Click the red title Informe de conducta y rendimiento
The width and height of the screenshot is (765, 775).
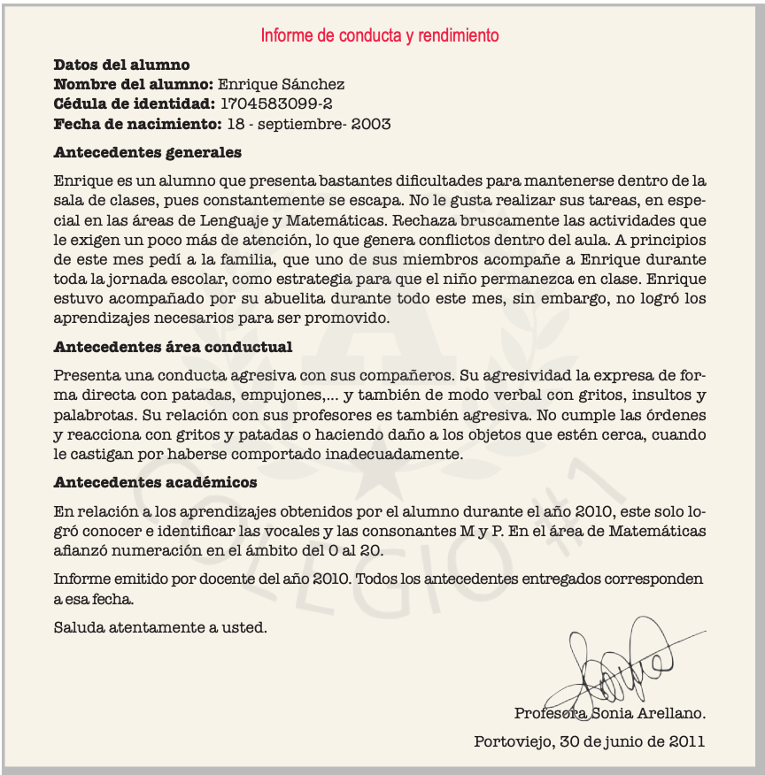pyautogui.click(x=380, y=36)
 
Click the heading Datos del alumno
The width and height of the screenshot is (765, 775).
pyautogui.click(x=121, y=65)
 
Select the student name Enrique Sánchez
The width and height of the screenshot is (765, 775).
pyautogui.click(x=281, y=85)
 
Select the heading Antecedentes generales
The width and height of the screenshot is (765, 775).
pyautogui.click(x=147, y=152)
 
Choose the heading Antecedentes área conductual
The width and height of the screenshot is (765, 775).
pyautogui.click(x=173, y=347)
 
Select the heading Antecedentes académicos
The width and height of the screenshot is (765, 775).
pyautogui.click(x=155, y=483)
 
